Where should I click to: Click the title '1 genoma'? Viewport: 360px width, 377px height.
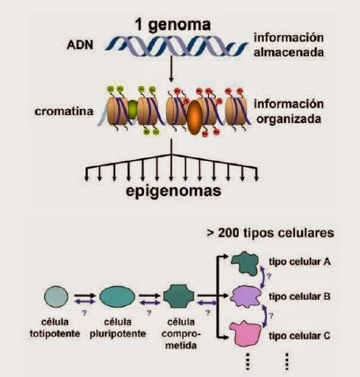[x=172, y=25]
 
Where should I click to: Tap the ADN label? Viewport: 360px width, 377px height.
[x=80, y=45]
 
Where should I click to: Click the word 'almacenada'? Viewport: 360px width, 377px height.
[x=289, y=53]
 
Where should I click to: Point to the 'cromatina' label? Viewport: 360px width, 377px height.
[x=64, y=111]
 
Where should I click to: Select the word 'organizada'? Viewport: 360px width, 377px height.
[x=289, y=120]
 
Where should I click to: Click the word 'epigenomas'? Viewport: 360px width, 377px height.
[x=173, y=192]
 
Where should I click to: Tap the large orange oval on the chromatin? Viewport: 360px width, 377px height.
[x=194, y=117]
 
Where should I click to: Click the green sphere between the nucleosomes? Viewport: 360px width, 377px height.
[x=132, y=108]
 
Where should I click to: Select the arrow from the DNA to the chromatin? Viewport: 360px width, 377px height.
[x=172, y=69]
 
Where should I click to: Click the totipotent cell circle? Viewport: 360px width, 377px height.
[x=56, y=296]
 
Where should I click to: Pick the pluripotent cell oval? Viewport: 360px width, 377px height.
[x=117, y=296]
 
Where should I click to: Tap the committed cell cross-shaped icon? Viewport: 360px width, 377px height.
[x=178, y=296]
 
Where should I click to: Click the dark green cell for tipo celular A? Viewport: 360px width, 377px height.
[x=245, y=263]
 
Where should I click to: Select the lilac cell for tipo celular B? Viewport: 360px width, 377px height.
[x=246, y=297]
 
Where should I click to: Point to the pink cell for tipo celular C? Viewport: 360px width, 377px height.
[x=245, y=333]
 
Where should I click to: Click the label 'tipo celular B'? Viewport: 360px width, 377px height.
[x=300, y=297]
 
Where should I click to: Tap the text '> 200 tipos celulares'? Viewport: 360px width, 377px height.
[x=270, y=233]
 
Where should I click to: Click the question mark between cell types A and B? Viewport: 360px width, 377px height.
[x=269, y=276]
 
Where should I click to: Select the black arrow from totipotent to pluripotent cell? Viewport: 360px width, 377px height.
[x=85, y=296]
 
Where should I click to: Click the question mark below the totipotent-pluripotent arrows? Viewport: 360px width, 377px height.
[x=84, y=313]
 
